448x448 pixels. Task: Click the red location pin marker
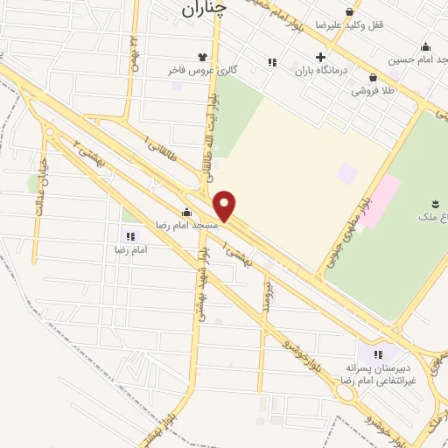click(225, 206)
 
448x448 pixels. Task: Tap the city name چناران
click(207, 9)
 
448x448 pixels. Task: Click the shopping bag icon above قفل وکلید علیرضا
click(350, 12)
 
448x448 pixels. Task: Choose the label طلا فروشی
click(372, 90)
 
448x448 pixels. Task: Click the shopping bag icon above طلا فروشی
click(373, 77)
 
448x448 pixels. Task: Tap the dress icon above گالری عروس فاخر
click(204, 57)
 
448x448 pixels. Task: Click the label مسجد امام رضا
click(186, 225)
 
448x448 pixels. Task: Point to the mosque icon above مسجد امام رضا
click(186, 212)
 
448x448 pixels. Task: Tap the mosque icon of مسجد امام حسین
click(426, 46)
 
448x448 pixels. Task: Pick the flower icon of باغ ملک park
click(436, 204)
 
